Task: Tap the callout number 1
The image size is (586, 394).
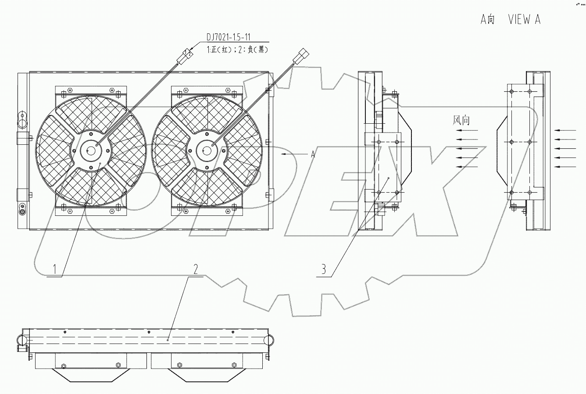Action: pyautogui.click(x=55, y=269)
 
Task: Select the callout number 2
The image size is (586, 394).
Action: pyautogui.click(x=196, y=269)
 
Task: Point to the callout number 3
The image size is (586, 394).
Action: pyautogui.click(x=324, y=269)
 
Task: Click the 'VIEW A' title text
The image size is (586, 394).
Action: pyautogui.click(x=524, y=20)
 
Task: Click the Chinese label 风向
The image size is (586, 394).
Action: pyautogui.click(x=461, y=120)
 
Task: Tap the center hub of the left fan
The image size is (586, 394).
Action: pyautogui.click(x=91, y=150)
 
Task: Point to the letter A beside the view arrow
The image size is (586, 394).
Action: pyautogui.click(x=313, y=154)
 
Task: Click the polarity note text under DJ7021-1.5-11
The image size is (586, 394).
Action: pyautogui.click(x=237, y=50)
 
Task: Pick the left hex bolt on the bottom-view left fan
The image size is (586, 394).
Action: pyautogui.click(x=64, y=366)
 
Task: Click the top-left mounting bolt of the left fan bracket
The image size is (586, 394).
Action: pyautogui.click(x=64, y=92)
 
